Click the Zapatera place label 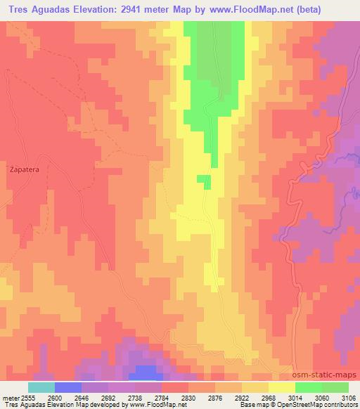click(x=22, y=169)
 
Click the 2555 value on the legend click(x=27, y=397)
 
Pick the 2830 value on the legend click(x=188, y=397)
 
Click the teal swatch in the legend click(x=41, y=387)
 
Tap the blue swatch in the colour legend click(x=67, y=387)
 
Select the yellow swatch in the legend click(x=282, y=387)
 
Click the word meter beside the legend click(x=8, y=397)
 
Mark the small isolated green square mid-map click(x=204, y=181)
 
